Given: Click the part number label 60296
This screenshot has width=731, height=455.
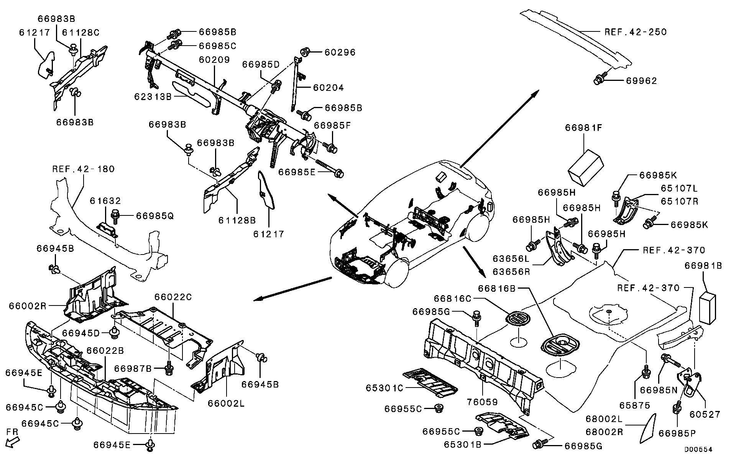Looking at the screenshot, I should coord(340,52).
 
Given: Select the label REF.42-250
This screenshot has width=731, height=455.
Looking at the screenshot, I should coord(636,32).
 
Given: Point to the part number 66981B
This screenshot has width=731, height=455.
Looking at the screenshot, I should coord(703,266).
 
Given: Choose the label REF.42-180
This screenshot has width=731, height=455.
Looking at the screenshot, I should coord(84,169).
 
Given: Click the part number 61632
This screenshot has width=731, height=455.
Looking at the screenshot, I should coord(105,201).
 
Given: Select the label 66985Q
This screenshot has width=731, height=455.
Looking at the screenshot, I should coord(155,216).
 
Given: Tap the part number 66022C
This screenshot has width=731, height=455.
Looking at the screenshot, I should coord(173,297).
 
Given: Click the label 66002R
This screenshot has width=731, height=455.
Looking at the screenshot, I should coord(28,306).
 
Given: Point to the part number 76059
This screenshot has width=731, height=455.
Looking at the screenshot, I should coord(482,402).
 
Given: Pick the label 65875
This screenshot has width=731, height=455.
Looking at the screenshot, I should coord(635,406).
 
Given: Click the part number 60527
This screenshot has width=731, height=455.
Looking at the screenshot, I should coord(705,414).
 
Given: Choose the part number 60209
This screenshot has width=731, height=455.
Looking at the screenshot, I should coord(214,60).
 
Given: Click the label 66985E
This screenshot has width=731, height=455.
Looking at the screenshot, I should coord(297,172).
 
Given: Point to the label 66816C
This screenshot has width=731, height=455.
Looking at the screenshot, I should coord(452,298).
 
